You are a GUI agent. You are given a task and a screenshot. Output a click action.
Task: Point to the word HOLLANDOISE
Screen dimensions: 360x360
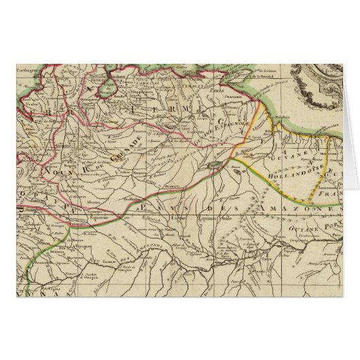point(281,173)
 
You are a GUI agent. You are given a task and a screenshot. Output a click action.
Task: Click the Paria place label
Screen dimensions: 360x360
point(217,88)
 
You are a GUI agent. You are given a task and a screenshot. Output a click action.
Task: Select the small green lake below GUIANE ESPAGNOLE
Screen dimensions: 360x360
point(214,163)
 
